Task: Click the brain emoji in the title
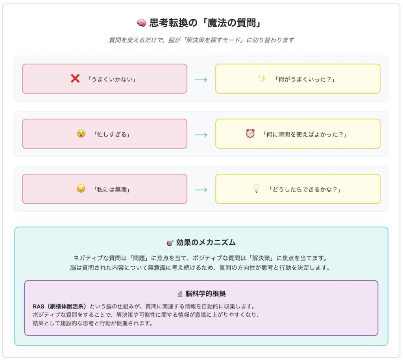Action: click(141, 23)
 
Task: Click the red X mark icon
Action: click(75, 78)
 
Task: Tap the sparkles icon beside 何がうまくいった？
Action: click(262, 78)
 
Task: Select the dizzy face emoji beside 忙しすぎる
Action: click(81, 134)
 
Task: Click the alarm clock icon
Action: click(250, 134)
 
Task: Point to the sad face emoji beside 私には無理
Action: click(81, 189)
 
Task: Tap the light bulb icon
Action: click(256, 189)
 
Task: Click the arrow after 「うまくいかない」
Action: click(201, 80)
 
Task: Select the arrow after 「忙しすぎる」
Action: click(201, 135)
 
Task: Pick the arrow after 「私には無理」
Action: click(201, 190)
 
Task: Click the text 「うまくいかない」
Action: click(111, 79)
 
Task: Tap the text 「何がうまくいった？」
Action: click(305, 79)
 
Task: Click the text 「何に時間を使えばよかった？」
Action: click(305, 134)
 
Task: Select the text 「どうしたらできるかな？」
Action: click(305, 189)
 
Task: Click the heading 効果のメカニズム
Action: click(206, 242)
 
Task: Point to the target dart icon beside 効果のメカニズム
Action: click(170, 243)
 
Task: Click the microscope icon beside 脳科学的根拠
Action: click(180, 293)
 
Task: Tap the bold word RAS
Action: click(38, 306)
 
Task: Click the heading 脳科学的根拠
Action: click(205, 293)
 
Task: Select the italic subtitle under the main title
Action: click(201, 40)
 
